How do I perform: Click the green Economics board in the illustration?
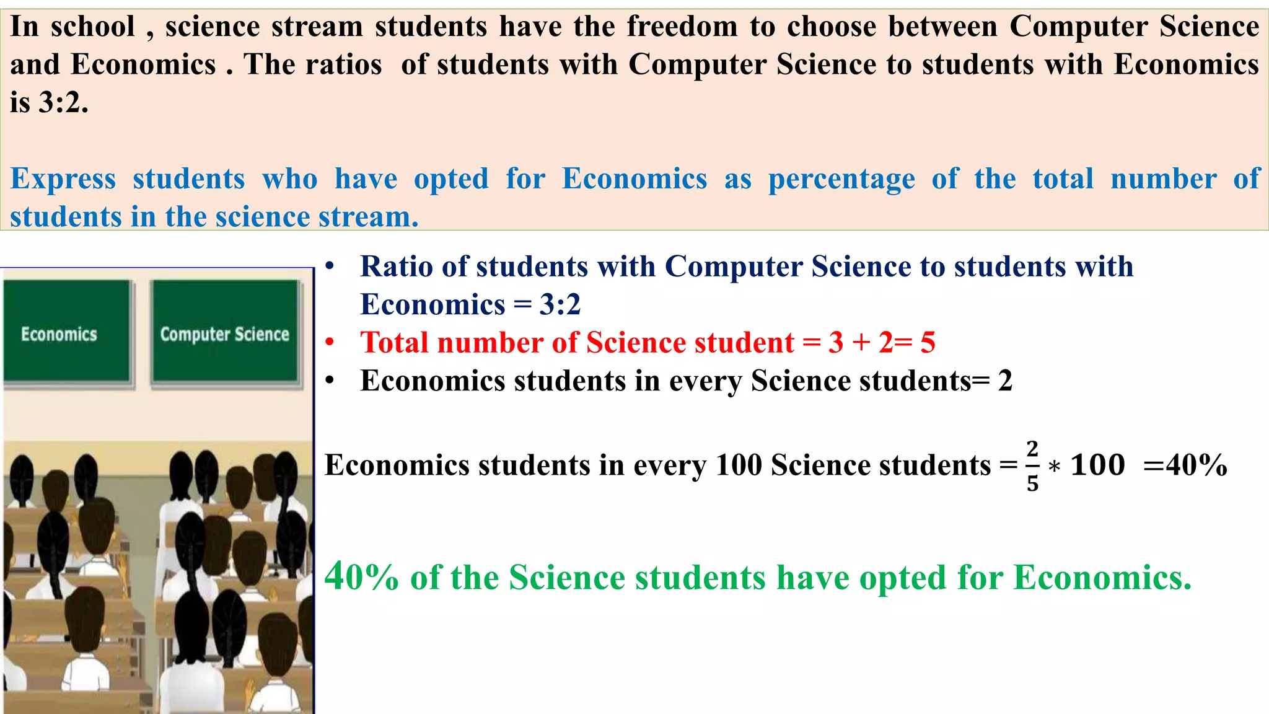tap(67, 332)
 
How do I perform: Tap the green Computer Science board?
tap(225, 332)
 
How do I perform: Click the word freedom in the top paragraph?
tap(682, 27)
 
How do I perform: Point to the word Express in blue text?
tap(63, 179)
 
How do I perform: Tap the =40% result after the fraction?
tap(1185, 465)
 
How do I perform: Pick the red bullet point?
tap(330, 342)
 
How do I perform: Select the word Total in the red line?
tap(395, 343)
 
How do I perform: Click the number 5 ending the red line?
tap(928, 343)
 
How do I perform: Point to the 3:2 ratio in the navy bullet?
tap(560, 304)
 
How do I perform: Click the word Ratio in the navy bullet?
tap(397, 267)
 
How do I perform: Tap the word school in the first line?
tap(93, 27)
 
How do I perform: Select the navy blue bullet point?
tap(330, 267)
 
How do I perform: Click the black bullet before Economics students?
tap(330, 380)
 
